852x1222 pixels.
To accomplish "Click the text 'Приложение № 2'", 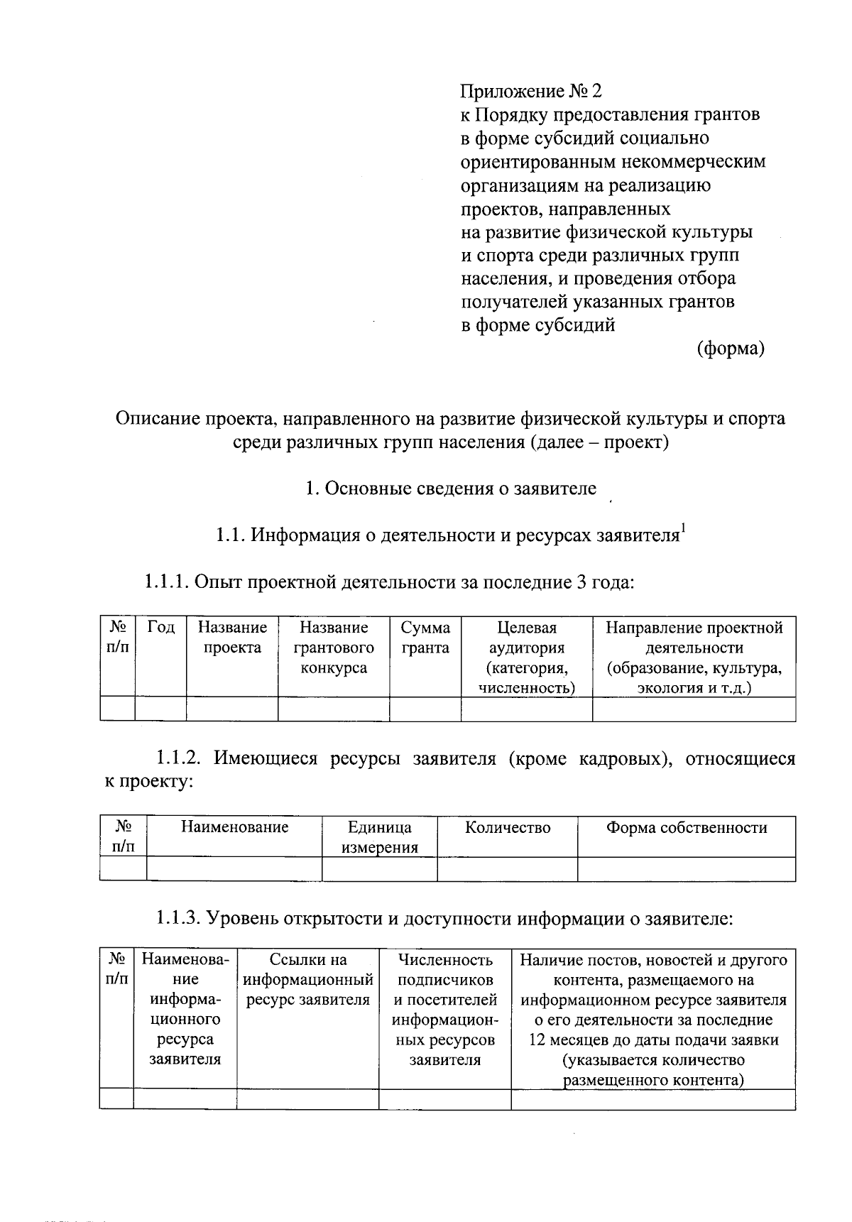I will (531, 92).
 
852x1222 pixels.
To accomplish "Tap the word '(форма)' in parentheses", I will (731, 349).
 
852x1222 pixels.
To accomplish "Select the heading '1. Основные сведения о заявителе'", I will (450, 489).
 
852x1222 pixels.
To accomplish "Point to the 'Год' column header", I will (160, 628).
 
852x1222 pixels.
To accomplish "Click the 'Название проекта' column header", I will (232, 638).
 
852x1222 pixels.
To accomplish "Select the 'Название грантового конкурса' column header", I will (334, 648).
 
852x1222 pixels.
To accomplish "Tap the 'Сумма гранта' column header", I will (425, 638).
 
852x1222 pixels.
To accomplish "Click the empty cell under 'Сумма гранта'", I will (425, 709).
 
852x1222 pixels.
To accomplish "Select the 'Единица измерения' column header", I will (379, 837).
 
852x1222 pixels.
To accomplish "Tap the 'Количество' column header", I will (507, 828).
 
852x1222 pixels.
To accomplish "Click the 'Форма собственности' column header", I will (686, 828).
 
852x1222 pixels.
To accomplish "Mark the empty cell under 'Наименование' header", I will (234, 869).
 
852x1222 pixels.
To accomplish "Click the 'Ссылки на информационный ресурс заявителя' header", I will (308, 980).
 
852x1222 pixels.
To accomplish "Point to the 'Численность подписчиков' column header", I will (445, 970).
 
